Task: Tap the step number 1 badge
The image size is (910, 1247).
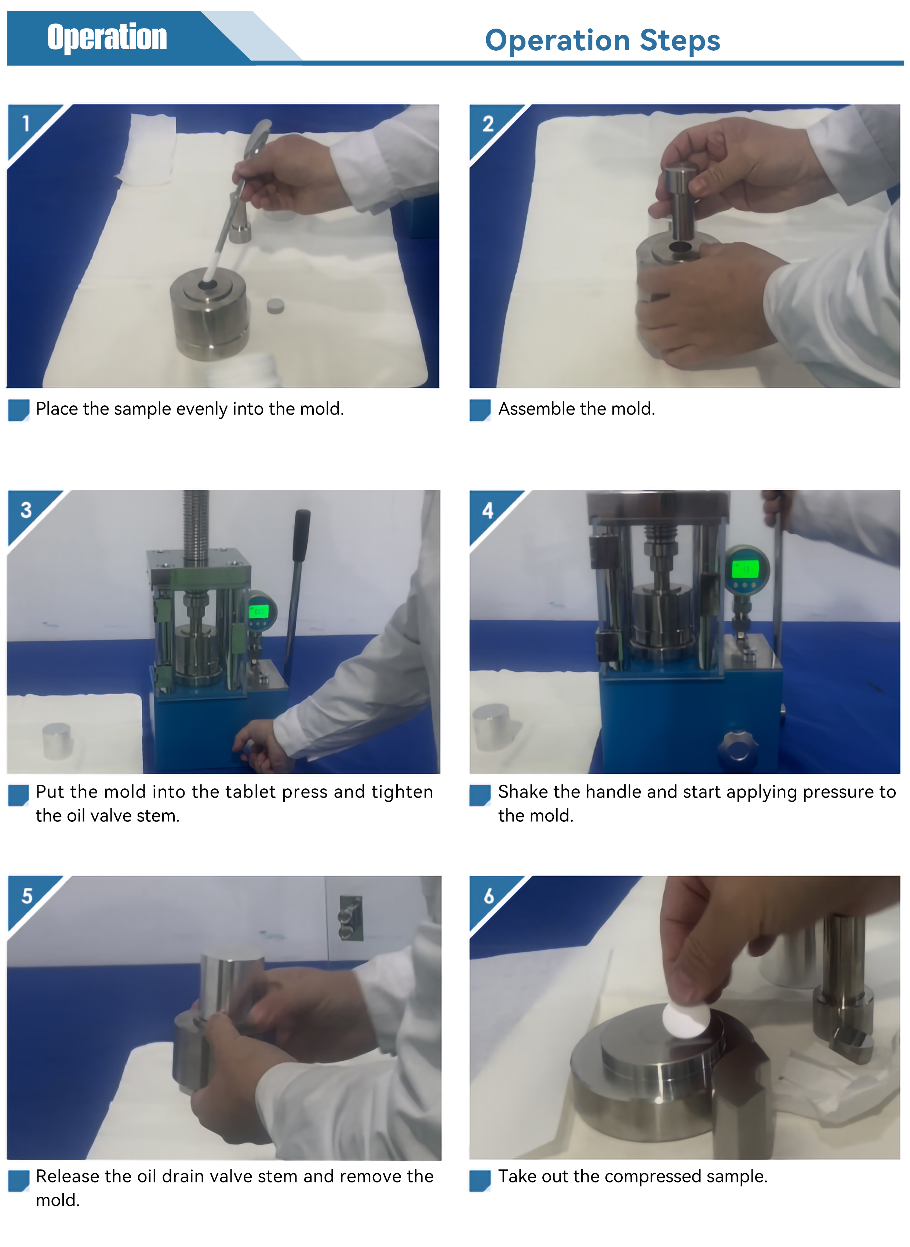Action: point(26,123)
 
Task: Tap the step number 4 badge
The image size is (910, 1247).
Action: point(488,510)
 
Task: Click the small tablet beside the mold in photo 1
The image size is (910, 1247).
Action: point(276,306)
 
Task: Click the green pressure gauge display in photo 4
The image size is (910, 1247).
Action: point(745,568)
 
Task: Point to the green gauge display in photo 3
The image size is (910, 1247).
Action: point(258,611)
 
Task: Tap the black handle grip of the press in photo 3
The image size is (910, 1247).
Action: point(301,535)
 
